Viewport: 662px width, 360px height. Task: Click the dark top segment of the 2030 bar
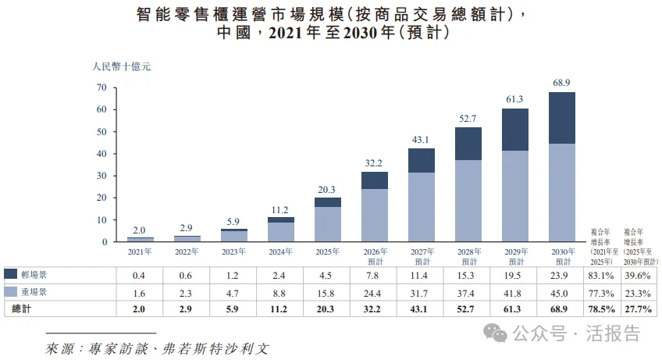[x=562, y=118]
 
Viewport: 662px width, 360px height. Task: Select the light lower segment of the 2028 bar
[x=468, y=201]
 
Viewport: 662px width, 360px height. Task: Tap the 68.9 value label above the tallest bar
[x=561, y=83]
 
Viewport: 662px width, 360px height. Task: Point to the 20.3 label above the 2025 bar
[x=327, y=190]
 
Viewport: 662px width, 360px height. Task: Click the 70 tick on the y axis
[x=101, y=87]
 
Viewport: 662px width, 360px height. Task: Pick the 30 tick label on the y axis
[x=101, y=176]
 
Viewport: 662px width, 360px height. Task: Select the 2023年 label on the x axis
[x=233, y=251]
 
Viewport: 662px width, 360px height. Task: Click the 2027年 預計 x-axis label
[x=422, y=256]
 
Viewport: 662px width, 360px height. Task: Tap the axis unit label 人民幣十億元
[x=121, y=66]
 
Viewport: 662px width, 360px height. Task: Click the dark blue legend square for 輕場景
[x=11, y=274]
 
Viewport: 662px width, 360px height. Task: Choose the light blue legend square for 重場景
[x=11, y=291]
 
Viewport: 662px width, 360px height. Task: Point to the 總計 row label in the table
[x=22, y=309]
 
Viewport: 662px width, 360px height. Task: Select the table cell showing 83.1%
[x=601, y=276]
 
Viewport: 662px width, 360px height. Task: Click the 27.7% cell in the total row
[x=638, y=309]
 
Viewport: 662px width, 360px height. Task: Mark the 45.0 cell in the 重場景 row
[x=559, y=294]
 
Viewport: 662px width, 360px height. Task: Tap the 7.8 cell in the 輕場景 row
[x=372, y=276]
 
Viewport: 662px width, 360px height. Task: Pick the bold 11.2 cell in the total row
[x=279, y=309]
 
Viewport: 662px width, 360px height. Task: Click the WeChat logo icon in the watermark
[x=495, y=333]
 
